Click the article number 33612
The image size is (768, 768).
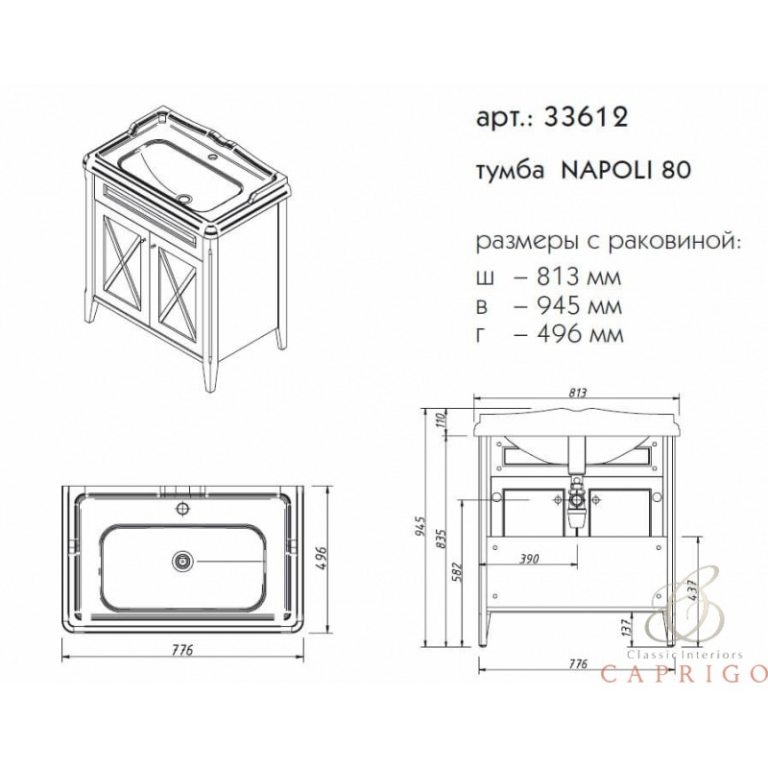pyautogui.click(x=586, y=117)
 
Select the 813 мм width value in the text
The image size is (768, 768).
pyautogui.click(x=579, y=276)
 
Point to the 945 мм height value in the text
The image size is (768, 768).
pyautogui.click(x=579, y=306)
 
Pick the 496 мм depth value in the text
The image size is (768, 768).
pyautogui.click(x=580, y=335)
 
